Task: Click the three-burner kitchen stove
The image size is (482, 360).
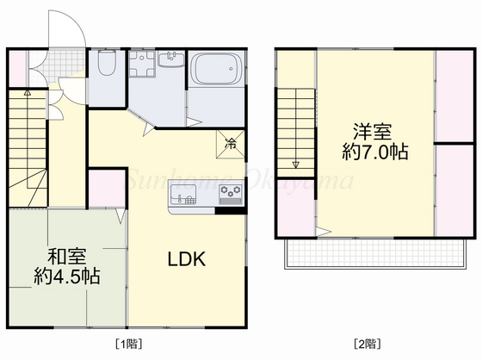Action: click(230, 191)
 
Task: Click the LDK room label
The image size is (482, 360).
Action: click(185, 258)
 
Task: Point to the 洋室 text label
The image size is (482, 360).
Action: click(372, 133)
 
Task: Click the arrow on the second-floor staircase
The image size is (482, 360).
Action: click(296, 164)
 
